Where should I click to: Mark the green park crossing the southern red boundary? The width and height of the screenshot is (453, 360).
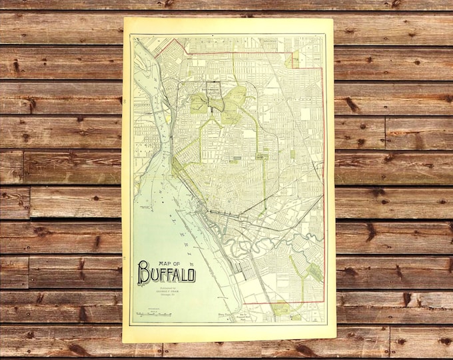pos(281,307)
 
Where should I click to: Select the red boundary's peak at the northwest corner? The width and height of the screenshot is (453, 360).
pos(176,39)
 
